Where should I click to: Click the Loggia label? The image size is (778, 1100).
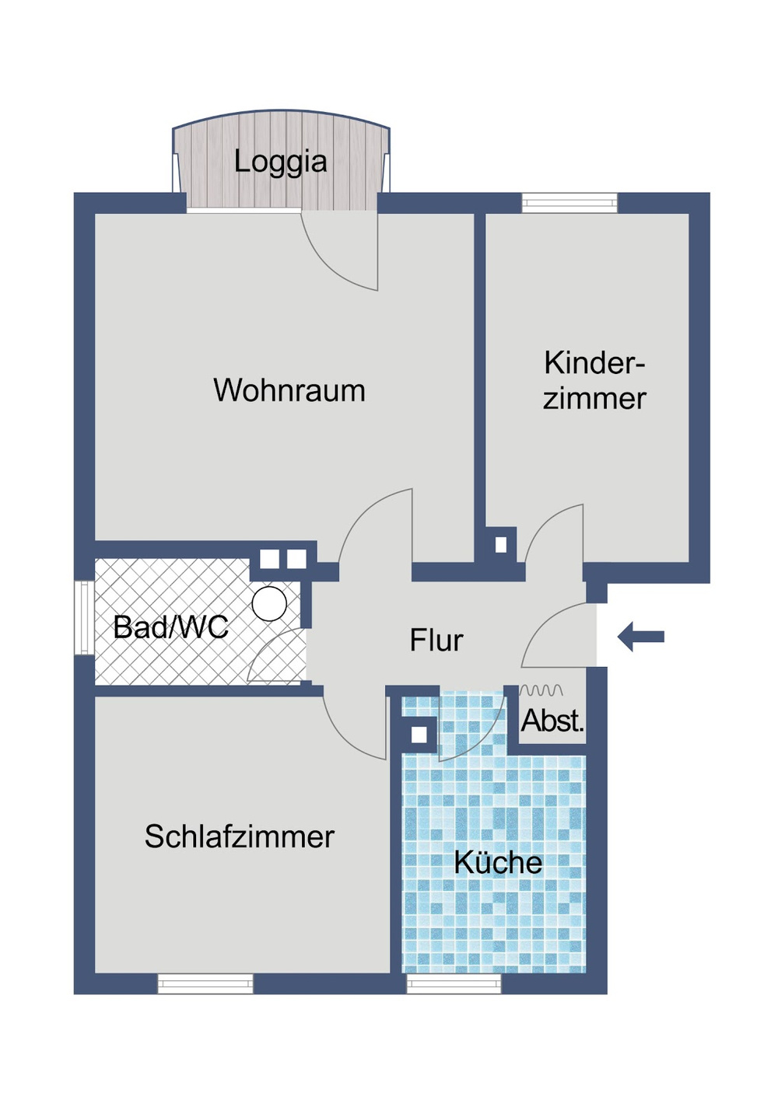pyautogui.click(x=280, y=162)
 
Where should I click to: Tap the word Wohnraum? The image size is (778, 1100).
pyautogui.click(x=289, y=390)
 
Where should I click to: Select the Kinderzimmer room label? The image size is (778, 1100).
pyautogui.click(x=594, y=381)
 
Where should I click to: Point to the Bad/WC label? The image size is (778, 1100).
pyautogui.click(x=171, y=627)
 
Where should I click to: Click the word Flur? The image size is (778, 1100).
pyautogui.click(x=436, y=641)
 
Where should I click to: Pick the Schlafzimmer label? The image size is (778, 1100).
pyautogui.click(x=239, y=836)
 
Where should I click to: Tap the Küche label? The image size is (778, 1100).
pyautogui.click(x=498, y=862)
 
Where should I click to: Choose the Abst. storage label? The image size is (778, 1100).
pyautogui.click(x=552, y=721)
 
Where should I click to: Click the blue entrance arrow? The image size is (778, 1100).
pyautogui.click(x=642, y=637)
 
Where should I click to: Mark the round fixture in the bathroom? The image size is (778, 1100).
pyautogui.click(x=269, y=603)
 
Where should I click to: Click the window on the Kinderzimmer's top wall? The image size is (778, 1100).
pyautogui.click(x=569, y=203)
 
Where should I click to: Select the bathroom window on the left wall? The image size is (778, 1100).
pyautogui.click(x=84, y=617)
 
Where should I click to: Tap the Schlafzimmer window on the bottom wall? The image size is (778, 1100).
pyautogui.click(x=205, y=984)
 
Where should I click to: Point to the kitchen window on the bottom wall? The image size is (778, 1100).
pyautogui.click(x=454, y=984)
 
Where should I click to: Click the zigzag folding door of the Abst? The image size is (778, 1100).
pyautogui.click(x=541, y=690)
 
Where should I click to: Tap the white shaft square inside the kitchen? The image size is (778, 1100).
pyautogui.click(x=419, y=735)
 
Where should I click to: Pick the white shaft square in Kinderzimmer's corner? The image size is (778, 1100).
pyautogui.click(x=501, y=545)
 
